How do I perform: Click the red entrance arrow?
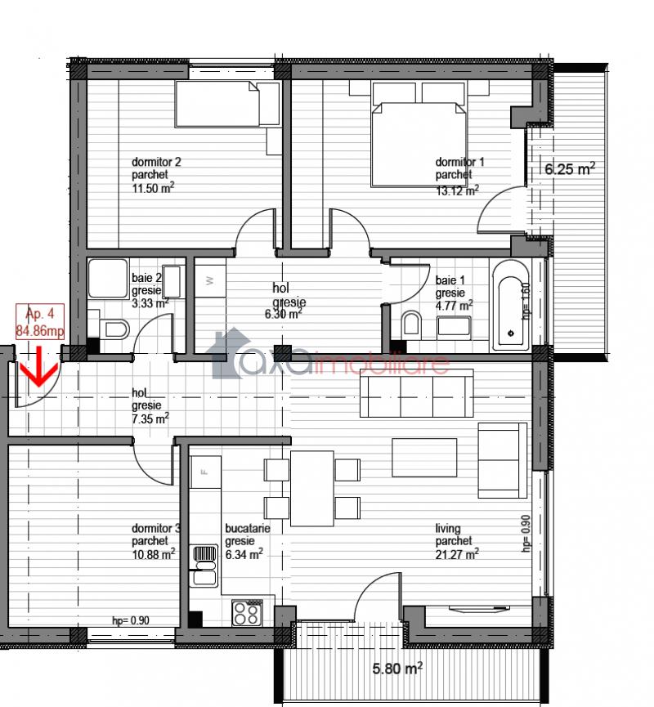(x=39, y=366)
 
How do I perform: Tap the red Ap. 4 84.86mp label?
(x=40, y=321)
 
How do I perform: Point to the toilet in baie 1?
(x=411, y=323)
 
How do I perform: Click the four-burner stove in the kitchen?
(x=247, y=613)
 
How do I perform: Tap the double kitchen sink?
(x=205, y=566)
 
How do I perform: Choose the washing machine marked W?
(x=210, y=281)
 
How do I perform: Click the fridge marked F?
(x=206, y=472)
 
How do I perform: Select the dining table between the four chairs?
(x=312, y=488)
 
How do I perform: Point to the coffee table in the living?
(x=424, y=457)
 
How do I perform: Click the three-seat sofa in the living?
(x=417, y=393)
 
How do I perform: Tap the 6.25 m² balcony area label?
(x=570, y=168)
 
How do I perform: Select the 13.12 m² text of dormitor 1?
(x=457, y=190)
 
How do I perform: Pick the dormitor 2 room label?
(x=156, y=162)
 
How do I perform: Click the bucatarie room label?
(x=247, y=528)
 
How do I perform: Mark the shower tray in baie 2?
(x=108, y=278)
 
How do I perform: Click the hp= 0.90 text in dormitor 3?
(x=131, y=621)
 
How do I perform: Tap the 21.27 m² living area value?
(x=457, y=554)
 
